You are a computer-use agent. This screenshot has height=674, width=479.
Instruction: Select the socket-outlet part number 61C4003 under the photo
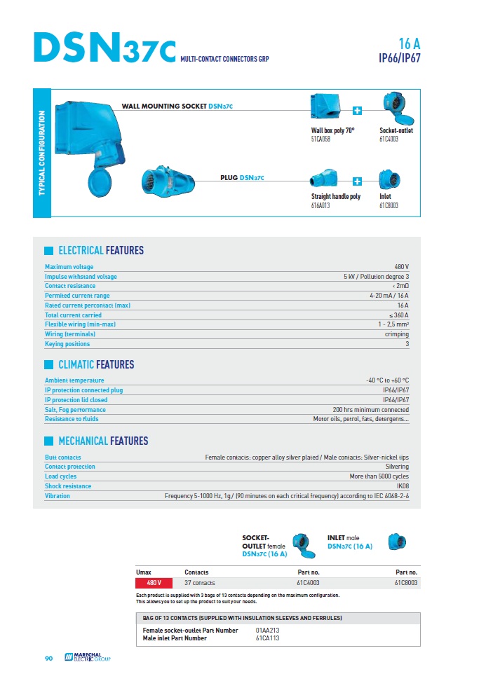pyautogui.click(x=390, y=139)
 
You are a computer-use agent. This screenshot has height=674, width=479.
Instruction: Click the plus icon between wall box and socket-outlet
pyautogui.click(x=357, y=111)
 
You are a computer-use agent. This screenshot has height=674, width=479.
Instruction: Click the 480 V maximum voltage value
pyautogui.click(x=401, y=267)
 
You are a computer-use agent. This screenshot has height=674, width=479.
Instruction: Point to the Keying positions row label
pyautogui.click(x=67, y=344)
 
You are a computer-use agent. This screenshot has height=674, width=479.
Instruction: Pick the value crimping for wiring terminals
pyautogui.click(x=397, y=334)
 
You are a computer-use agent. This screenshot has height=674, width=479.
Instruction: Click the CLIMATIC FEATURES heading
pyautogui.click(x=96, y=364)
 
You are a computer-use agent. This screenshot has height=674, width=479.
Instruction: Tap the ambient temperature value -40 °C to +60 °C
pyautogui.click(x=383, y=380)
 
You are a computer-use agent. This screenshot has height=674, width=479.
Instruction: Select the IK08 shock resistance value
pyautogui.click(x=403, y=486)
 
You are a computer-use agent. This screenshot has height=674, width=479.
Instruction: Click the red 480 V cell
pyautogui.click(x=154, y=582)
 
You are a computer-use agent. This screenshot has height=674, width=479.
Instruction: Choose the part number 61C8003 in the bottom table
pyautogui.click(x=406, y=582)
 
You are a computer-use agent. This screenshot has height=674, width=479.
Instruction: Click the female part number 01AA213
pyautogui.click(x=267, y=631)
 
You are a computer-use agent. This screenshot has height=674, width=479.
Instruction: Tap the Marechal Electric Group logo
pyautogui.click(x=87, y=657)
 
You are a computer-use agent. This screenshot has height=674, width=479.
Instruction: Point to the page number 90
pyautogui.click(x=49, y=658)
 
